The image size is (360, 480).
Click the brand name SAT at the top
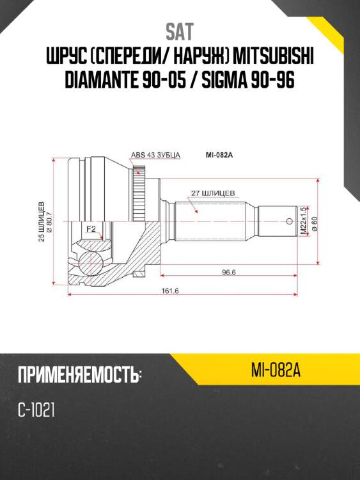(x=180, y=31)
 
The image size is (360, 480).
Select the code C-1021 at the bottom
(x=36, y=410)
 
